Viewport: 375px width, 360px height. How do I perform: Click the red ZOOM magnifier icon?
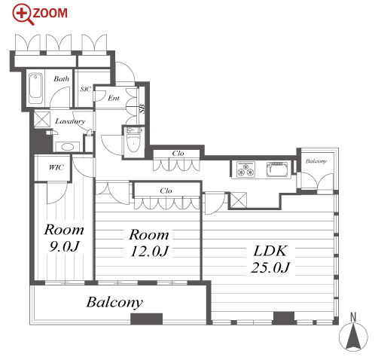tap(22, 14)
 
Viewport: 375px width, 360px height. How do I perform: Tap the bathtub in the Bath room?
tap(35, 88)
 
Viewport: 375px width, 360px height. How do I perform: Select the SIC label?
tap(85, 89)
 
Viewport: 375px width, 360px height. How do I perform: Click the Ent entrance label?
tap(114, 98)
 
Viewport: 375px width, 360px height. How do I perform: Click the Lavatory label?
tap(70, 121)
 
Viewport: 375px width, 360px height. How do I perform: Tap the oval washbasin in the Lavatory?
tap(67, 147)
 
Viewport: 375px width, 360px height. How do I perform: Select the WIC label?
tap(56, 167)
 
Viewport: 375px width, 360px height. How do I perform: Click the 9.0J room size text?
tap(64, 246)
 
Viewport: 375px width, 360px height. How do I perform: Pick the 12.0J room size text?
tap(150, 251)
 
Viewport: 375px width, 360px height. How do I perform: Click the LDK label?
tap(270, 251)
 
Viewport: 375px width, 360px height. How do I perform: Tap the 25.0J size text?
tap(270, 267)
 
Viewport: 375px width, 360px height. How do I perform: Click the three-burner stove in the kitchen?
tap(245, 169)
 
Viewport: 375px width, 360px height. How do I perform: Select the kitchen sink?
tap(277, 169)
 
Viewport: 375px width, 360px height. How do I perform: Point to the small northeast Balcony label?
tap(316, 161)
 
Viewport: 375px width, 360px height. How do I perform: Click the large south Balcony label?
tap(114, 302)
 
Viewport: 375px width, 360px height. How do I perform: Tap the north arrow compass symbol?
tap(353, 333)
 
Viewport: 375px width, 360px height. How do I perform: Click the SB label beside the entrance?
tap(142, 108)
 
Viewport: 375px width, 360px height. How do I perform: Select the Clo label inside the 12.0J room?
tap(166, 191)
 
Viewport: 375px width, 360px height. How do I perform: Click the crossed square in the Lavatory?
tap(42, 119)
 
